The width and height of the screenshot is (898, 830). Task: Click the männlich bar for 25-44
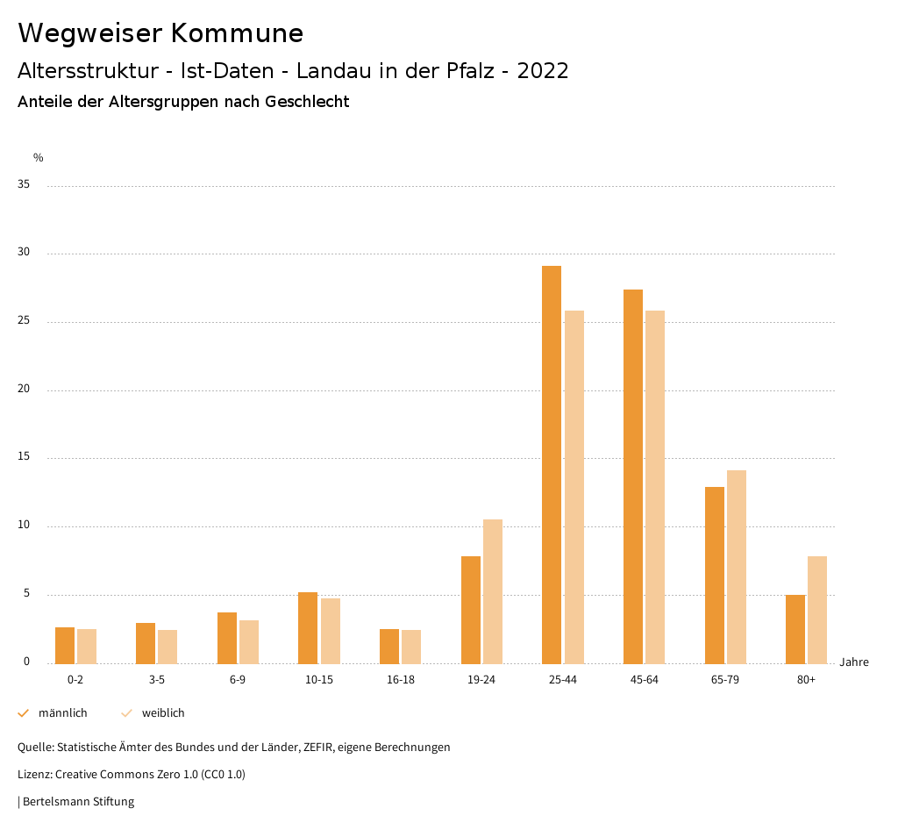click(552, 464)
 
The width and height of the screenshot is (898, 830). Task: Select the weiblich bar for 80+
click(817, 610)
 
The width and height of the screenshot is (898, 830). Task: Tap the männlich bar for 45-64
click(633, 476)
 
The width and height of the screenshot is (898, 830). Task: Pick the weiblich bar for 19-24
click(493, 591)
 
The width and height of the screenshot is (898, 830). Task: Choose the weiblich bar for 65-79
click(737, 567)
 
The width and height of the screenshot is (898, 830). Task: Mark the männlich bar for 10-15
click(308, 627)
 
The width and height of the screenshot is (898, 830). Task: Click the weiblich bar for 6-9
click(249, 641)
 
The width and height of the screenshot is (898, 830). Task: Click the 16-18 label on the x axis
click(401, 680)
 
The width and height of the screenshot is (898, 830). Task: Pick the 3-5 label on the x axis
click(157, 680)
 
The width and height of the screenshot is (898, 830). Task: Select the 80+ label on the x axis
click(807, 680)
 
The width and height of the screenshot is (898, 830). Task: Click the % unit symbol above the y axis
click(39, 158)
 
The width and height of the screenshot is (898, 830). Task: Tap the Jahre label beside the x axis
click(854, 662)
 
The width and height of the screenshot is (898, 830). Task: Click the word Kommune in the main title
click(237, 33)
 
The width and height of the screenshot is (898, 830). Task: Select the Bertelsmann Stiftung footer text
click(78, 802)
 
